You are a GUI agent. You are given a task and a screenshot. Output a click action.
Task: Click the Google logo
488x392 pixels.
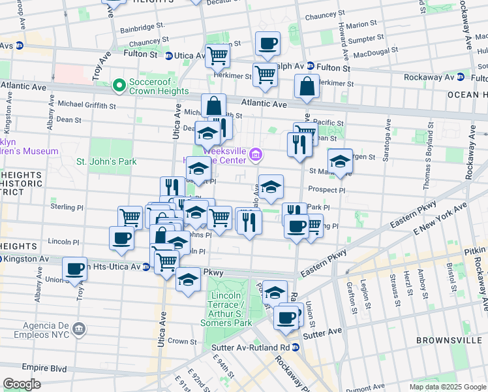click(x=22, y=384)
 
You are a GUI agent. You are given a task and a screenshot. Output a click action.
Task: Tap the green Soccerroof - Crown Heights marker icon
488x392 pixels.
click(x=119, y=85)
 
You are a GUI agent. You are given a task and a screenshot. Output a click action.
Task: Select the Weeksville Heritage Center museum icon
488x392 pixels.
click(x=256, y=155)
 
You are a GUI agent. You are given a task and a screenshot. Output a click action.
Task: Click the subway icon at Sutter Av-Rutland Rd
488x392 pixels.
click(x=296, y=346)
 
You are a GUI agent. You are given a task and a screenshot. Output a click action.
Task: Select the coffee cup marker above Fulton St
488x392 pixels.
click(x=267, y=44)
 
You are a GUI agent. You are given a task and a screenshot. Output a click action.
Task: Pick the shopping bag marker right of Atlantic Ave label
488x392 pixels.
click(x=306, y=86)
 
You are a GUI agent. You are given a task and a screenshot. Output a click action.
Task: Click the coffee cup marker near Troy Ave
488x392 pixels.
click(x=76, y=268)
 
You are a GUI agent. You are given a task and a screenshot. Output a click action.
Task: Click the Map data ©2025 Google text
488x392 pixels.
click(x=446, y=387)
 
